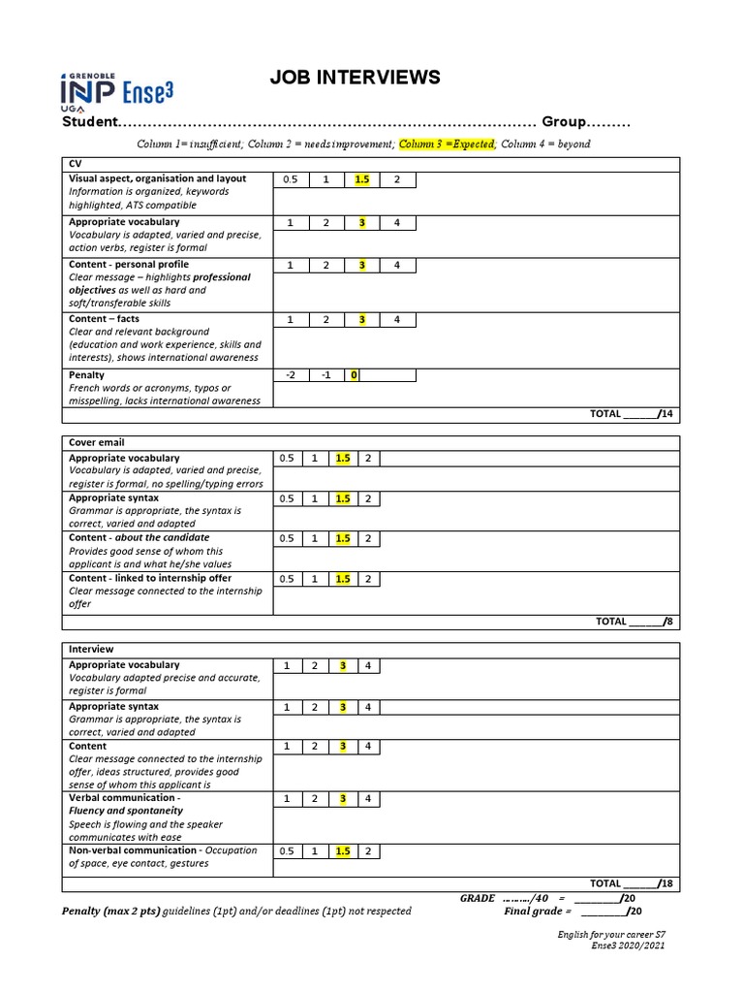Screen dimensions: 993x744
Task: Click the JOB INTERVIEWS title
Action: coord(355,78)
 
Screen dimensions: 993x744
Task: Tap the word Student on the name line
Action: coord(88,123)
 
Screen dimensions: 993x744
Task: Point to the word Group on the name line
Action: coord(565,123)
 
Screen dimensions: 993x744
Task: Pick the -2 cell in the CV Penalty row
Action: coord(290,375)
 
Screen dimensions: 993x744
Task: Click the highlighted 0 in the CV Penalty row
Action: coord(355,375)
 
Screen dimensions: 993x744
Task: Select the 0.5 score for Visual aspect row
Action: coord(290,179)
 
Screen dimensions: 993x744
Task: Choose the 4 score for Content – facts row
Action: coord(397,319)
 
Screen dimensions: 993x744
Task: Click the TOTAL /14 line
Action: coord(631,414)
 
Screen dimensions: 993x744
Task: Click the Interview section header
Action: coord(90,649)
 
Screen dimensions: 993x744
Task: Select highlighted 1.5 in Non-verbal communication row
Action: coord(342,851)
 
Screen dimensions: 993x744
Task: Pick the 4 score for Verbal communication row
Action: coord(368,798)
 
